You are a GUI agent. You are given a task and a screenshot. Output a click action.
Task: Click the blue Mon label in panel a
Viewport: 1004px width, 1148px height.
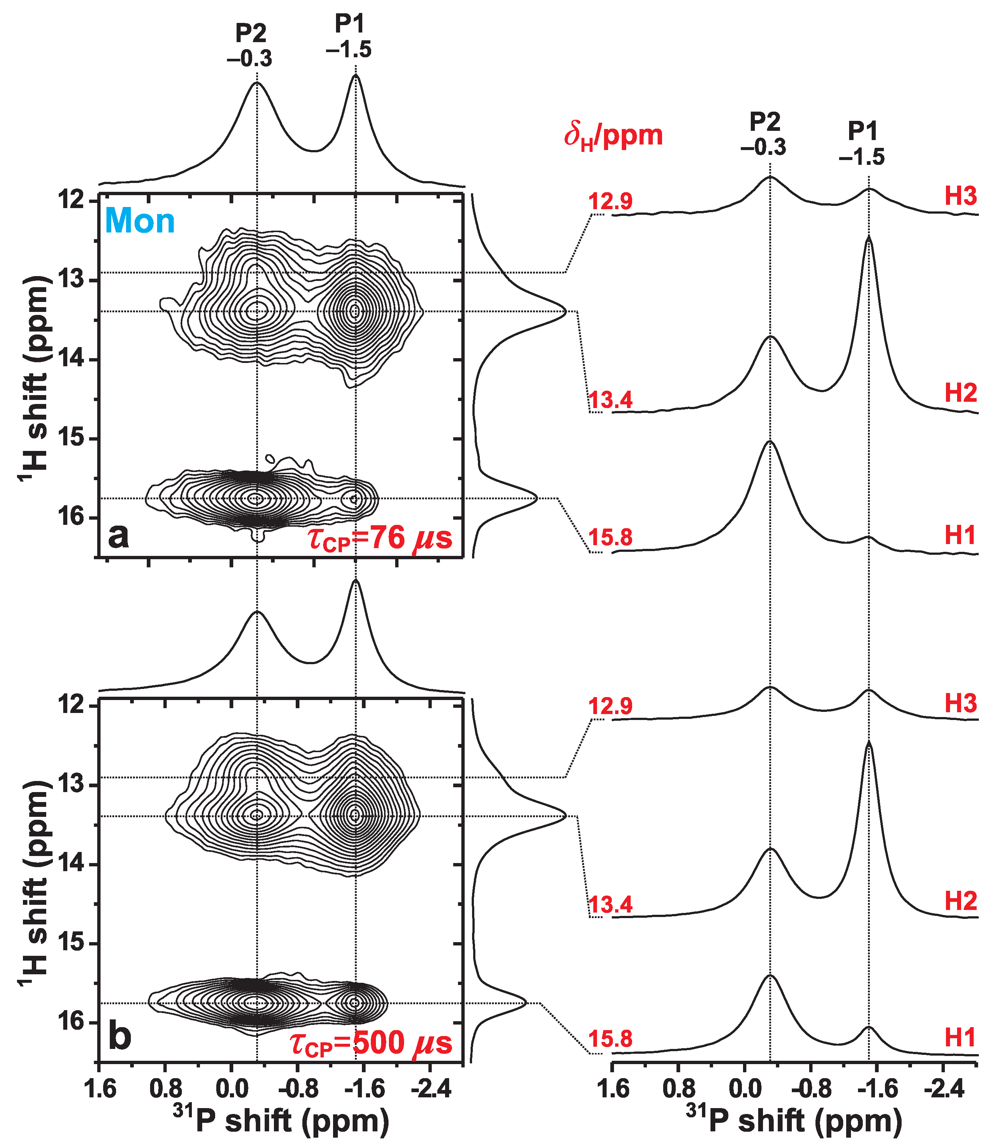point(140,221)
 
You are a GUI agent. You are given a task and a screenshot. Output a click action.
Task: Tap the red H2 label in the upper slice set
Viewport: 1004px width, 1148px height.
point(960,393)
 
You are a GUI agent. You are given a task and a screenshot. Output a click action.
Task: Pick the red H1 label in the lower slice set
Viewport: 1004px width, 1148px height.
point(960,1037)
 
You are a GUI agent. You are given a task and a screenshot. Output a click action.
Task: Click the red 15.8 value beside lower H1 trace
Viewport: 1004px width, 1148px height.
point(610,1039)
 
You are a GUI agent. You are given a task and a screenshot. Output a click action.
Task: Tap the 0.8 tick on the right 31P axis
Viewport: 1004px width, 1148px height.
point(678,1090)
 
